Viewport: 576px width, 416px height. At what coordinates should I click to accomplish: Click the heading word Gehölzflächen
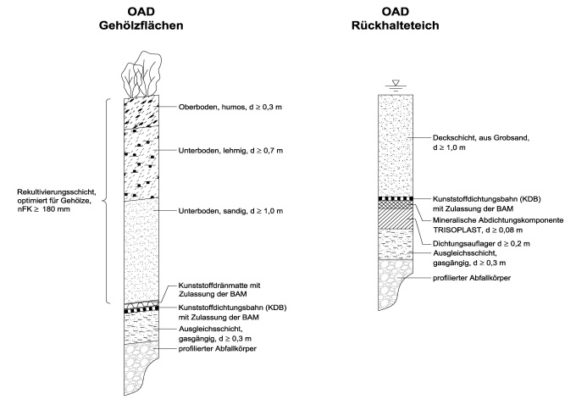coord(141,26)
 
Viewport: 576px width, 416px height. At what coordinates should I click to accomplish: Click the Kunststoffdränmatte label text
coord(219,286)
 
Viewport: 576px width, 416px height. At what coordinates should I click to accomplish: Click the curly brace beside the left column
coord(107,200)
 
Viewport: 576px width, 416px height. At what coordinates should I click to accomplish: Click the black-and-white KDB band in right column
coord(396,198)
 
